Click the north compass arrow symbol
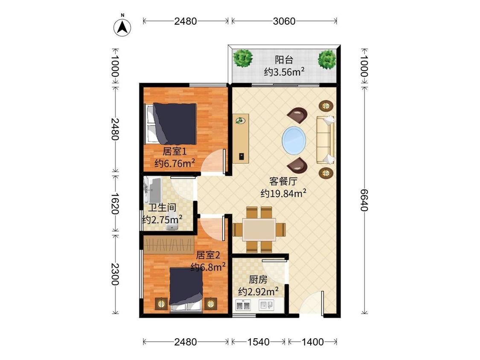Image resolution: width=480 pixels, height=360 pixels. coord(122,27)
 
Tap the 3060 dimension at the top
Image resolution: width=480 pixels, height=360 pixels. coord(284,21)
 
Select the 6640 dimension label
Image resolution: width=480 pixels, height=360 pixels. coord(364,200)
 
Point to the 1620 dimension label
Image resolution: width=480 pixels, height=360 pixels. coord(115,203)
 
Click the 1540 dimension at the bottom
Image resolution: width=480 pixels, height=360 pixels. coord(259,342)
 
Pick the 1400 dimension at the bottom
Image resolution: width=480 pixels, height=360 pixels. coord(313,342)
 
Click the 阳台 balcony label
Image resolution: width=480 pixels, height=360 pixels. coord(284,60)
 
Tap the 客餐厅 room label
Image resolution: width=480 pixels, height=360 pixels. coord(283,181)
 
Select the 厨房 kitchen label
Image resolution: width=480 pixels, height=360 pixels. coord(258,279)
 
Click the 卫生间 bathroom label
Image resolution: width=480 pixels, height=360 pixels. coord(162,208)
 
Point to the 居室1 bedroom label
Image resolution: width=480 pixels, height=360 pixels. coord(175,151)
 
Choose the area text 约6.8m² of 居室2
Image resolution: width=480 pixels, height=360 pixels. coord(208,267)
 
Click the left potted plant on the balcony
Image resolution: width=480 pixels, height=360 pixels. coord(243,58)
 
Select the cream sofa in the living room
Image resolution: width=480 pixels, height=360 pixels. coord(325,139)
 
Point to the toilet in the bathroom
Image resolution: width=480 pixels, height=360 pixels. coord(172,225)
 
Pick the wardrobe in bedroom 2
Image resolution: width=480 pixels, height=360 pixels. coord(169,244)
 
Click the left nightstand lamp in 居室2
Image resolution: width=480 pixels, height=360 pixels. coord(161,304)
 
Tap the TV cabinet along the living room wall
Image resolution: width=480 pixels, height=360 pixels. coord(241,139)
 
